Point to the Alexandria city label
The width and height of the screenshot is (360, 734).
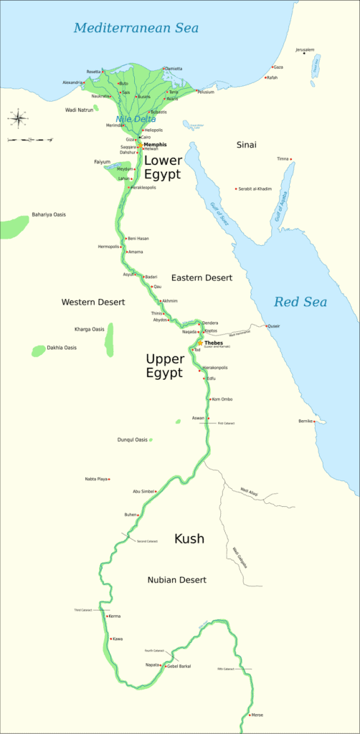coord(72,83)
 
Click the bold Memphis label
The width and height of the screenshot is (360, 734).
coord(155,145)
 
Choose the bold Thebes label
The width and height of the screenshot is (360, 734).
coord(214,343)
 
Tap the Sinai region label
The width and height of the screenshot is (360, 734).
coord(246,145)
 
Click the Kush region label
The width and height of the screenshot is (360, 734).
coord(189,538)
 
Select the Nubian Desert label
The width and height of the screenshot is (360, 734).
coord(177,579)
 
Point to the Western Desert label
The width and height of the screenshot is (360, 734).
coord(93,302)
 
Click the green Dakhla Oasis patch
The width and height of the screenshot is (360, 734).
coord(39,351)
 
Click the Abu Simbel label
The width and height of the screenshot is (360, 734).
coord(143,491)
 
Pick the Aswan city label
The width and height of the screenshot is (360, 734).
coord(198,417)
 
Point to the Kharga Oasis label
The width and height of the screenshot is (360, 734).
coord(89,329)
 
